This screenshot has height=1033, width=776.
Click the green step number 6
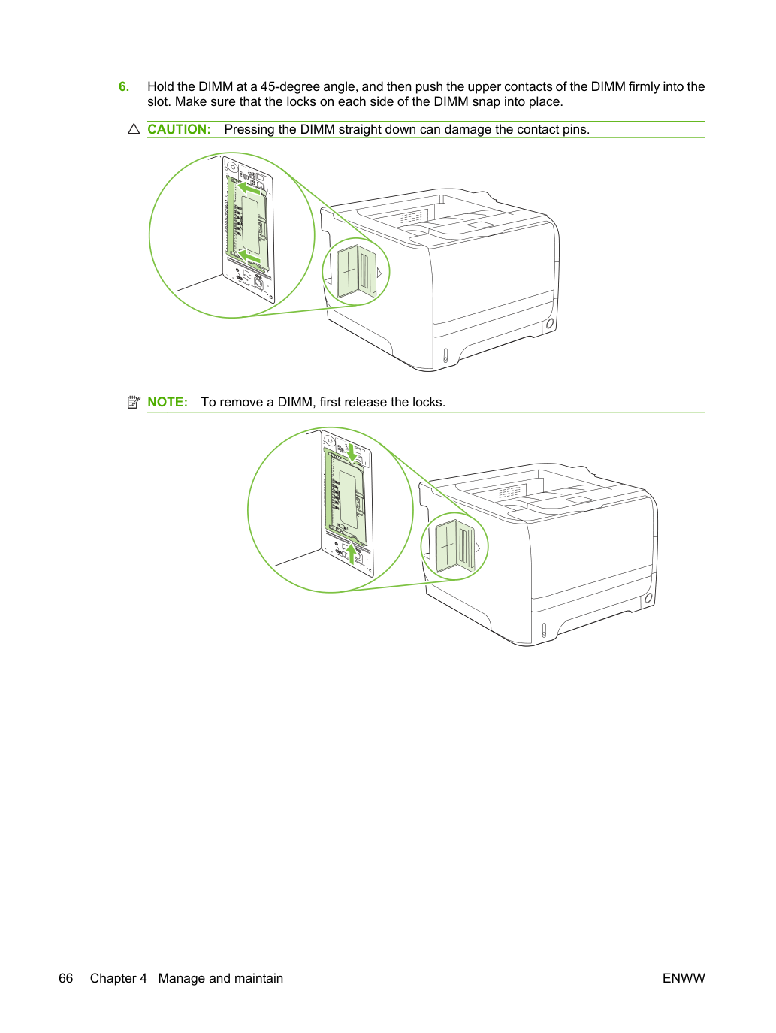point(124,86)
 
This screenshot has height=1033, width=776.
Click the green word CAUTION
point(179,129)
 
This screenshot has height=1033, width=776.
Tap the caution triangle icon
point(134,129)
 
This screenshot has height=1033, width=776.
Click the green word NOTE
point(168,402)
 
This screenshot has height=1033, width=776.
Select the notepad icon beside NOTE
point(134,402)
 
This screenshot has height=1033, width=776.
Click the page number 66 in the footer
point(66,978)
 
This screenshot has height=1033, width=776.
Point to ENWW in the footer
point(684,978)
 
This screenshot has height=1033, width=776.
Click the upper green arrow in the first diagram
point(249,189)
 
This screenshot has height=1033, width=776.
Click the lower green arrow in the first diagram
point(249,257)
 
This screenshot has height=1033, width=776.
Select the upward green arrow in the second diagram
point(351,554)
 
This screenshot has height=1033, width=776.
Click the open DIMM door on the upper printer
point(356,273)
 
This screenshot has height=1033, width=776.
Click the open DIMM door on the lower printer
point(455,547)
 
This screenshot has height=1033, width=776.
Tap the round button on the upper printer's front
point(549,324)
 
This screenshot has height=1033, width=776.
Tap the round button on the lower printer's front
point(648,598)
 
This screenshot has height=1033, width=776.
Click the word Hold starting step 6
point(161,86)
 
